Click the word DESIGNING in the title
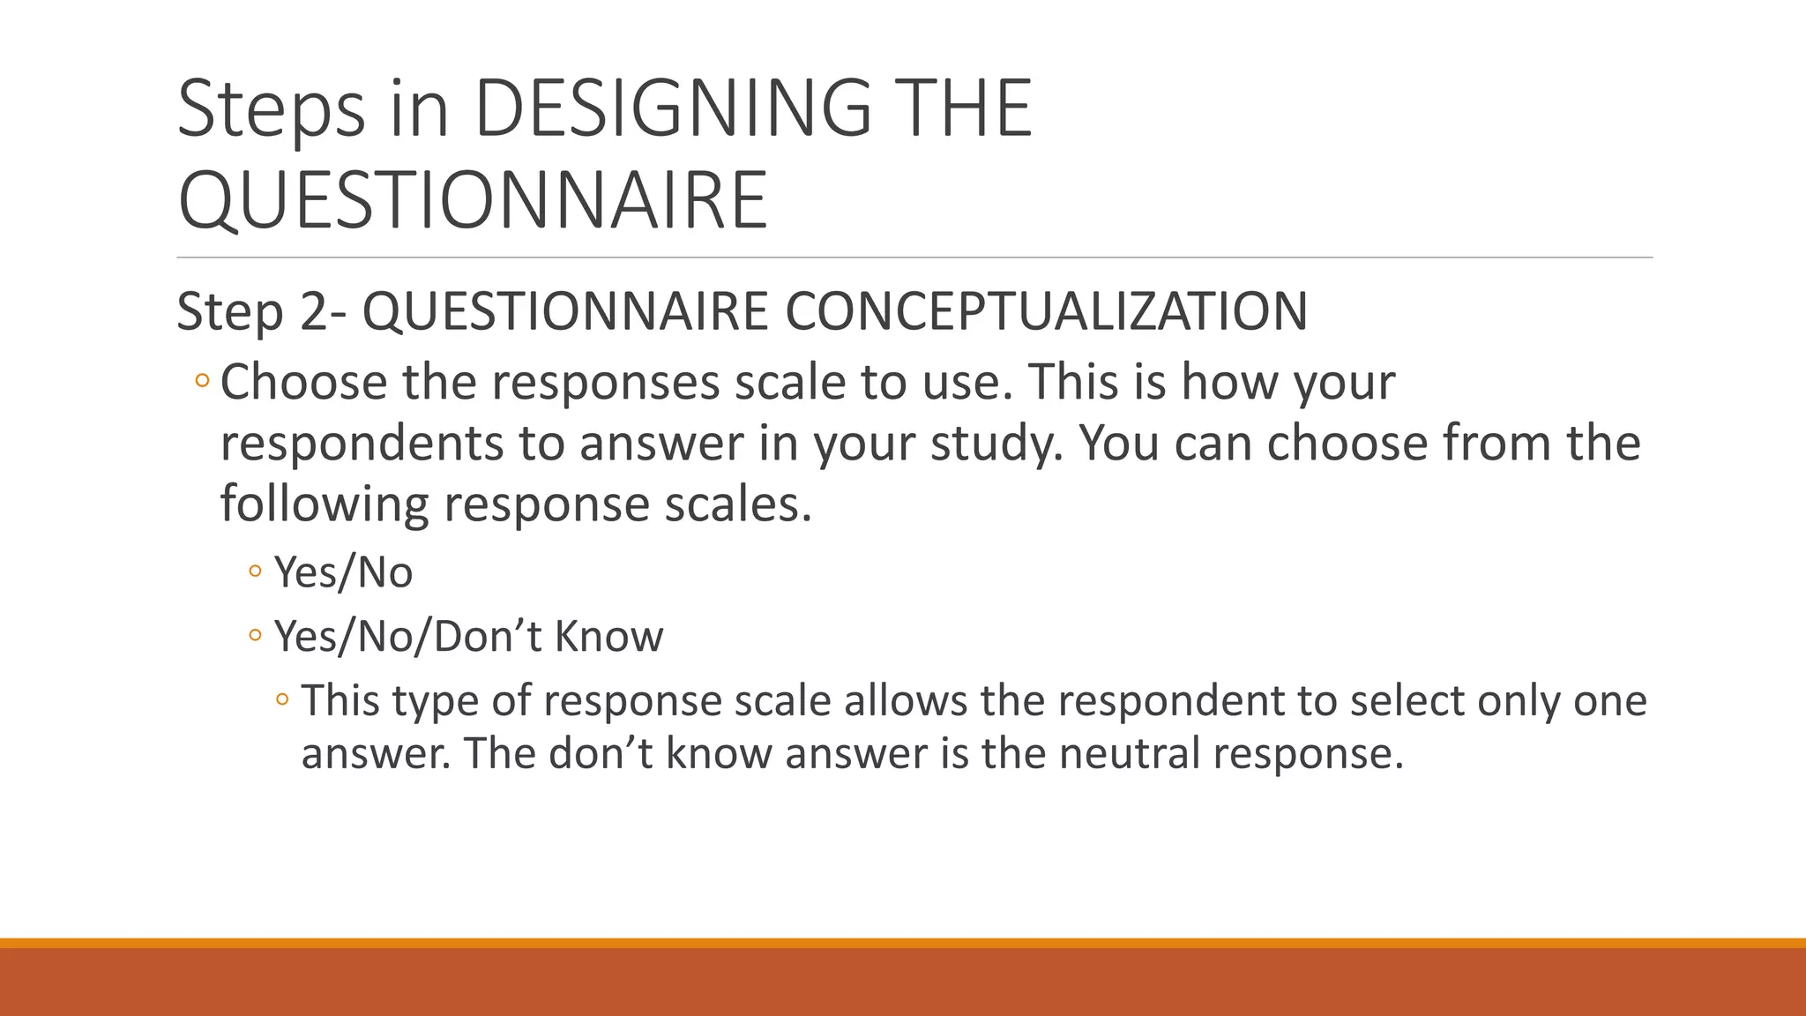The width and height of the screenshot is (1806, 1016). pyautogui.click(x=672, y=108)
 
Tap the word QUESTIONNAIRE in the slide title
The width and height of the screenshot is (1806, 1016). pyautogui.click(x=473, y=201)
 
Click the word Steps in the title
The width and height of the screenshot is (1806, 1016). pyautogui.click(x=271, y=108)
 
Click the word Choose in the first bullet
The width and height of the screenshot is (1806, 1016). pyautogui.click(x=303, y=383)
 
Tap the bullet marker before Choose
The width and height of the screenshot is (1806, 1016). pyautogui.click(x=202, y=382)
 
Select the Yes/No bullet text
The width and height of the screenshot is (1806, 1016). pyautogui.click(x=343, y=572)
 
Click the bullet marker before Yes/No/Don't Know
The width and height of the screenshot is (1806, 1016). pyautogui.click(x=255, y=635)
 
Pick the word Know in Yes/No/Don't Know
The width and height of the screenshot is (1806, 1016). pyautogui.click(x=608, y=636)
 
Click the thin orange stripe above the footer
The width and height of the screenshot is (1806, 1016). pyautogui.click(x=903, y=943)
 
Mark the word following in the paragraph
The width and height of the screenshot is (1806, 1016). pyautogui.click(x=324, y=504)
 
